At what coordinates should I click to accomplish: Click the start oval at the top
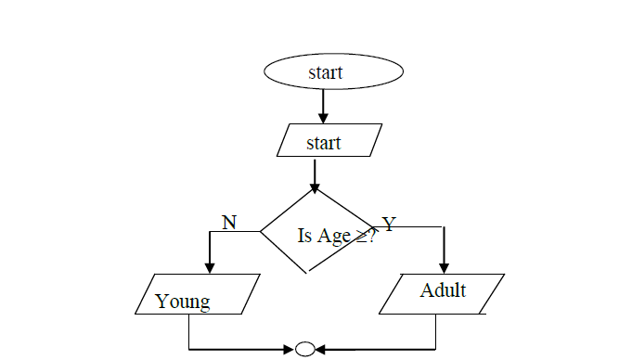[x=334, y=71]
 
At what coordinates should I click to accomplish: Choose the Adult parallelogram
[x=443, y=293]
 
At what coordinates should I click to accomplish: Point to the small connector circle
[x=304, y=350]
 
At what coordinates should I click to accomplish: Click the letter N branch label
[x=229, y=221]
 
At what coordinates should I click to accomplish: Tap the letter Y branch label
[x=389, y=225]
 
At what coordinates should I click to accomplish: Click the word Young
[x=183, y=301]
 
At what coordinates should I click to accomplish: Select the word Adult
[x=443, y=290]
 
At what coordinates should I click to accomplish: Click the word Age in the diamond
[x=333, y=236]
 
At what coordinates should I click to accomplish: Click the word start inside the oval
[x=326, y=71]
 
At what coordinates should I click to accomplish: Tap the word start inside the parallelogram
[x=324, y=143]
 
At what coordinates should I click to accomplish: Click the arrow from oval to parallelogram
[x=323, y=106]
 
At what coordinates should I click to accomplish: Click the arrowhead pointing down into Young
[x=211, y=267]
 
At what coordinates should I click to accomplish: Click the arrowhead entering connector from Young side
[x=289, y=350]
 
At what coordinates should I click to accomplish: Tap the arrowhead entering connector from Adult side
[x=320, y=350]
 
